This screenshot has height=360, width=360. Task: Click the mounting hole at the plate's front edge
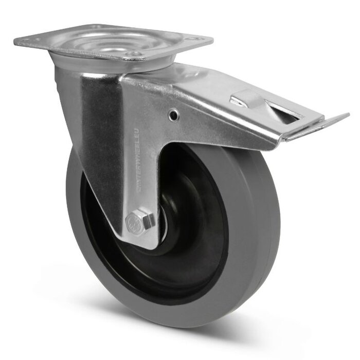point(135,53)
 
